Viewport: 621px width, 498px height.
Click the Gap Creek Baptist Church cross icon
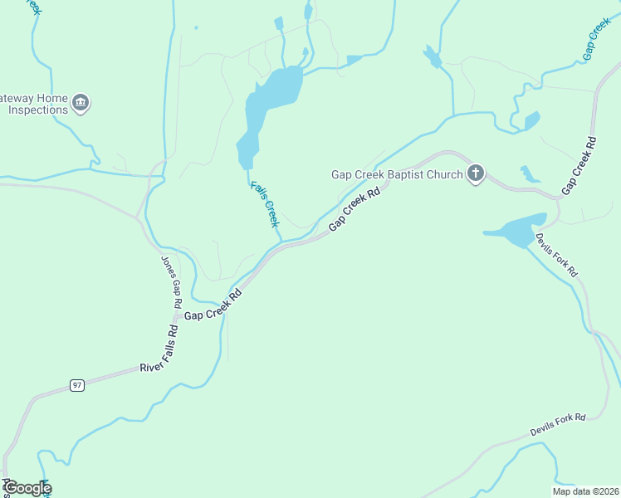pos(475,173)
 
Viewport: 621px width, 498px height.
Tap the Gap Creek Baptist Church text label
pos(397,173)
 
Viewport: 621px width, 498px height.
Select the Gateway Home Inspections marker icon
pos(81,103)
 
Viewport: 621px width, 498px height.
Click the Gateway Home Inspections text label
pos(33,103)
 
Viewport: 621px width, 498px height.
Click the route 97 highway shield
pos(77,385)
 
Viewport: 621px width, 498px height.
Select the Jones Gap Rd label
pos(171,281)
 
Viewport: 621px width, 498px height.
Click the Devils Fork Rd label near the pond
pos(555,255)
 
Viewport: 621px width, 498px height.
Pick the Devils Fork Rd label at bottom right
pos(558,425)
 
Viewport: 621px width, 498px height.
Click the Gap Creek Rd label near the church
pos(355,209)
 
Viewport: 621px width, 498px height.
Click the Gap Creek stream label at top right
pos(597,38)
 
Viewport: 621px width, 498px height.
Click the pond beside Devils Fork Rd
pos(516,230)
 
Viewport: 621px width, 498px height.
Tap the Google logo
pos(27,488)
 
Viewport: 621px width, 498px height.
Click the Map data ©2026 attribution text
pos(585,491)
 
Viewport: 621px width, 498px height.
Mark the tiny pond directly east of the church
pos(529,174)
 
